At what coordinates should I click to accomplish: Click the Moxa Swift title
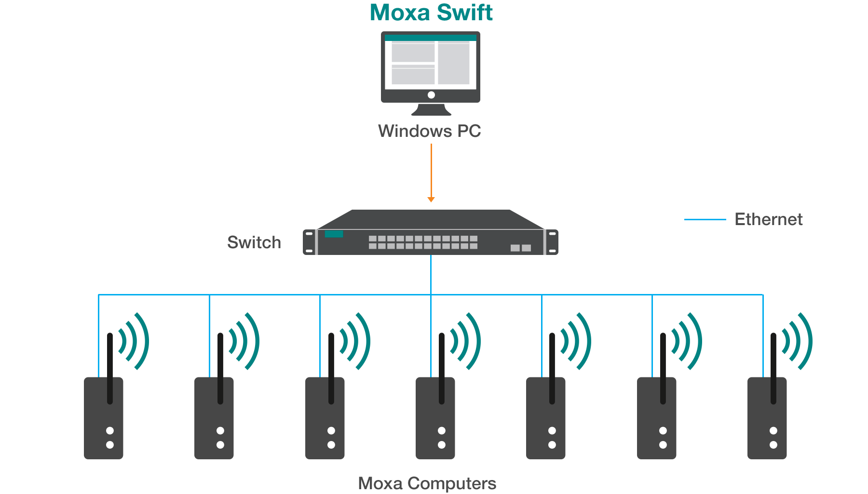[431, 13]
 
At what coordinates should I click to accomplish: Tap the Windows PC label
[429, 131]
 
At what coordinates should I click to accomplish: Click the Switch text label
[254, 242]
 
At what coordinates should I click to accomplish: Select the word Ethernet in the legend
[768, 220]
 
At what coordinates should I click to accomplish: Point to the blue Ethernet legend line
[705, 220]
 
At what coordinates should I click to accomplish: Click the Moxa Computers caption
[427, 483]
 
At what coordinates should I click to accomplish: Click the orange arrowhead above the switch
[431, 200]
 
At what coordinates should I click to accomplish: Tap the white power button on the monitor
[431, 95]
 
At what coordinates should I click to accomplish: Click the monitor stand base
[431, 111]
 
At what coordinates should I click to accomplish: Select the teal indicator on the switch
[334, 234]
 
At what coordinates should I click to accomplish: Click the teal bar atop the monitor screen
[431, 38]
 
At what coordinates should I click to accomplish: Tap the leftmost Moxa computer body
[103, 424]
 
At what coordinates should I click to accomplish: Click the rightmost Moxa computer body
[767, 424]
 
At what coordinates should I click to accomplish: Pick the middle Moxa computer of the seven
[435, 424]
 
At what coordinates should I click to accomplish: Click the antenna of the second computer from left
[220, 366]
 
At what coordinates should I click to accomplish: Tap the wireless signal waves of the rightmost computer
[798, 341]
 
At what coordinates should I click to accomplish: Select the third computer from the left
[325, 424]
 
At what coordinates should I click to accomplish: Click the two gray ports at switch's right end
[521, 248]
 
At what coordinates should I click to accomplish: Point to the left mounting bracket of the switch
[309, 242]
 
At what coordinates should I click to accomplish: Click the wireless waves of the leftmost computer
[135, 341]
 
